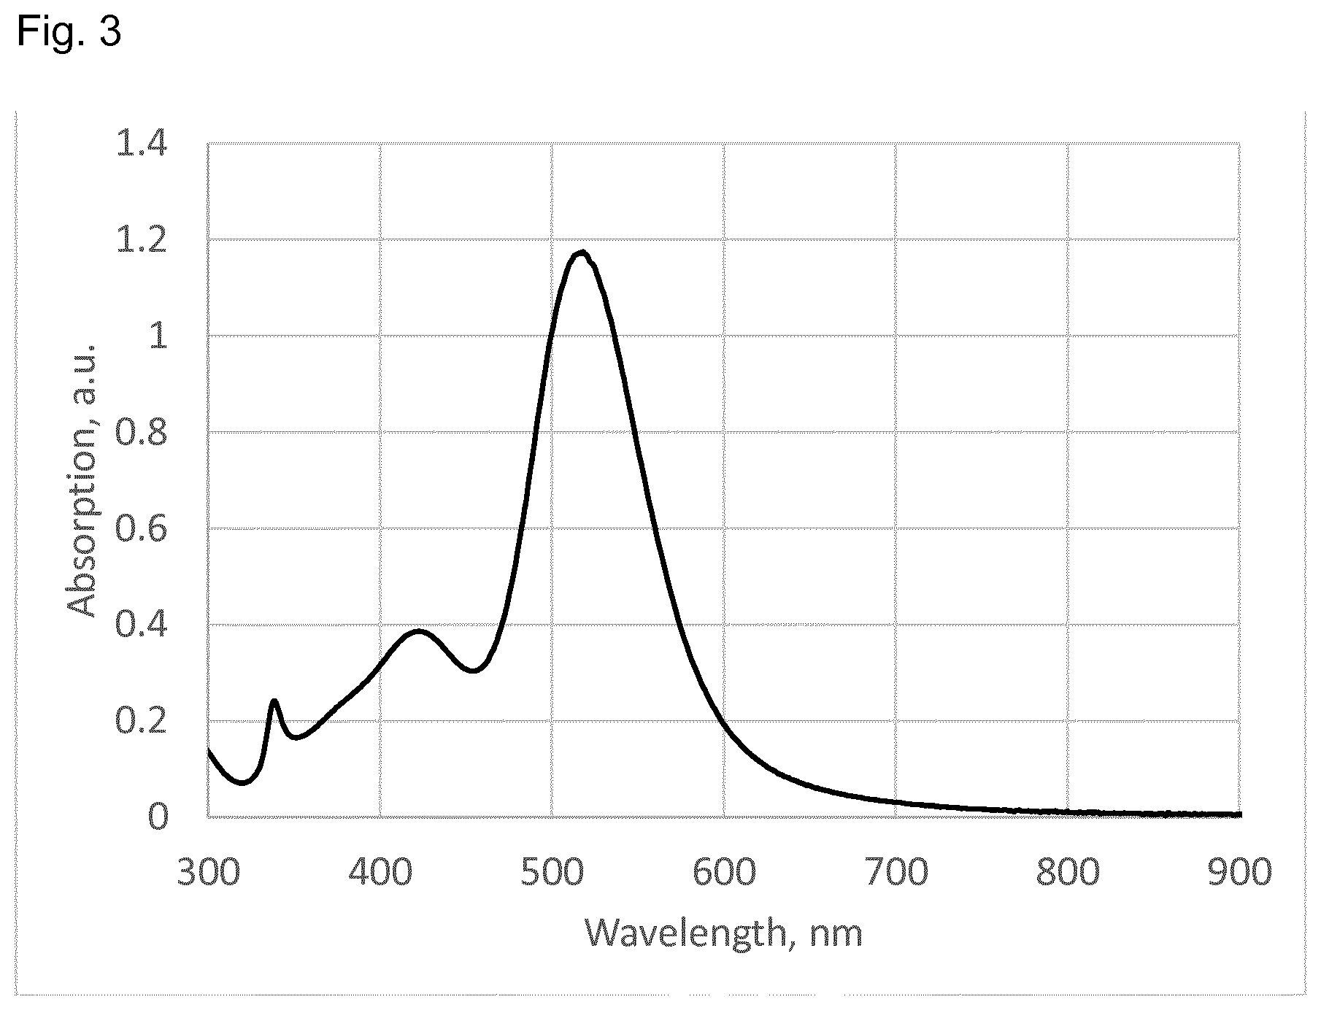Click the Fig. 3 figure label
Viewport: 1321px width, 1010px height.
pyautogui.click(x=69, y=32)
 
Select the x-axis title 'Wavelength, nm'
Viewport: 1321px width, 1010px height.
pyautogui.click(x=724, y=933)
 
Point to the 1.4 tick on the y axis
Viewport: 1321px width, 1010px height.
pyautogui.click(x=142, y=145)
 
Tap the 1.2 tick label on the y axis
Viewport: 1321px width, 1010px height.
pyautogui.click(x=142, y=242)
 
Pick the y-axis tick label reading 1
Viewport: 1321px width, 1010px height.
pyautogui.click(x=158, y=339)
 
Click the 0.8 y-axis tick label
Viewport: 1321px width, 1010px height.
pyautogui.click(x=142, y=435)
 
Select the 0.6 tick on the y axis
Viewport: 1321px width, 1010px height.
pyautogui.click(x=142, y=531)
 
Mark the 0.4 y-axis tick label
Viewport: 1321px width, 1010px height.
pyautogui.click(x=142, y=627)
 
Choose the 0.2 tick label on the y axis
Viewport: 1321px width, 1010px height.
pyautogui.click(x=142, y=723)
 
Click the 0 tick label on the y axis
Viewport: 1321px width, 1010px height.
pyautogui.click(x=158, y=817)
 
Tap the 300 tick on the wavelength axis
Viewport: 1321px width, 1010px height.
pyautogui.click(x=209, y=873)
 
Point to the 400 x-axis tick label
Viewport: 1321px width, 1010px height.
pyautogui.click(x=380, y=873)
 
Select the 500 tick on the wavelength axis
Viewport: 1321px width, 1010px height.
pyautogui.click(x=552, y=873)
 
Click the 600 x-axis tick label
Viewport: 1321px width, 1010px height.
pyautogui.click(x=724, y=873)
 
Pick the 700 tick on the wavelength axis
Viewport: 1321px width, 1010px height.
pyautogui.click(x=896, y=873)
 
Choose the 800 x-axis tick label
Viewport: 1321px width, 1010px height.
pyautogui.click(x=1068, y=873)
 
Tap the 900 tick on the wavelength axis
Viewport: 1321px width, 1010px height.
pyautogui.click(x=1239, y=873)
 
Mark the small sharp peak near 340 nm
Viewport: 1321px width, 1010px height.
pyautogui.click(x=274, y=702)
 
